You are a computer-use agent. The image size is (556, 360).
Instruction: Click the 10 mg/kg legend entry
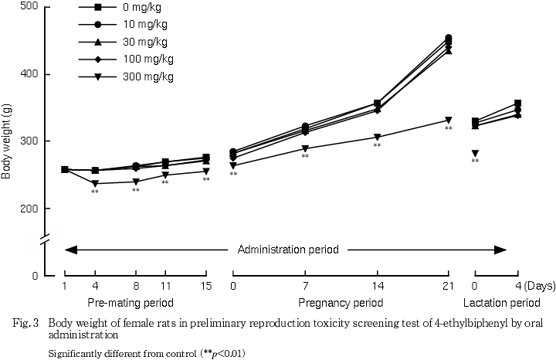[x=147, y=25]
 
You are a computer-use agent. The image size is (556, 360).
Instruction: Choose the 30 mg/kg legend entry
[x=147, y=42]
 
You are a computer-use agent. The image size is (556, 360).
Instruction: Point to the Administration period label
[x=288, y=250]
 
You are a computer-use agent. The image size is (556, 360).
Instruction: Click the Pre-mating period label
[x=130, y=301]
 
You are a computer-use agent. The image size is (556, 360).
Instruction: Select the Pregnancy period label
[x=341, y=301]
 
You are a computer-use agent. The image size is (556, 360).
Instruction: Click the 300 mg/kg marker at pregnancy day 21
[x=449, y=120]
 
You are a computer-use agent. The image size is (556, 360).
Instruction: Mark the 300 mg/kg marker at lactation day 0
[x=475, y=154]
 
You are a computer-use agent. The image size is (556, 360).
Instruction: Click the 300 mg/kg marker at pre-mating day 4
[x=95, y=183]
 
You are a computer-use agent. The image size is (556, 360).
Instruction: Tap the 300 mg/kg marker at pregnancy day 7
[x=305, y=148]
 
